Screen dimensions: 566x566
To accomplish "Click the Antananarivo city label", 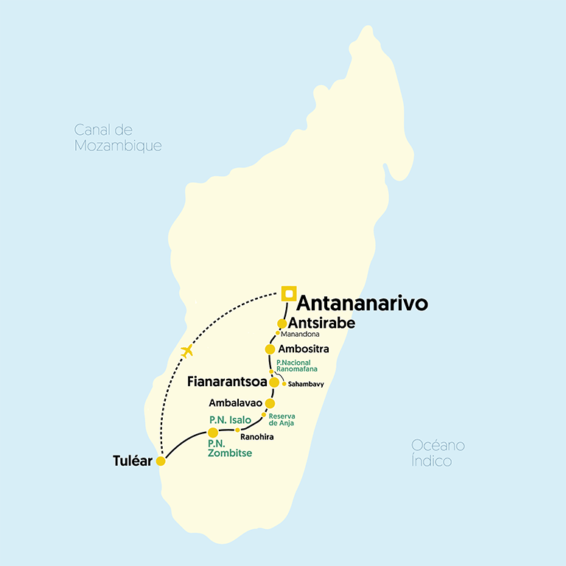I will [361, 304].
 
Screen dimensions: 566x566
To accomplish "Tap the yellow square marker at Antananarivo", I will [288, 294].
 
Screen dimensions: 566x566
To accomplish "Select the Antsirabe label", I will [323, 323].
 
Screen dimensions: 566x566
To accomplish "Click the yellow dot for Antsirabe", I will [282, 324].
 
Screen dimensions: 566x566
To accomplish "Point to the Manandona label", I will [301, 335].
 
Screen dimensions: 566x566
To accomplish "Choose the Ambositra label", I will [304, 349].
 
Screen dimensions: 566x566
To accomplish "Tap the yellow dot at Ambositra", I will [270, 349].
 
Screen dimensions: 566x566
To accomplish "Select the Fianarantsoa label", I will [227, 382].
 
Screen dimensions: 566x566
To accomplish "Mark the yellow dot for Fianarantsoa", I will [274, 382].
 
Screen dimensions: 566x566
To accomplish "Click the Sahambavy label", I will [306, 384].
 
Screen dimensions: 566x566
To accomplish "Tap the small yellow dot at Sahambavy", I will [284, 383].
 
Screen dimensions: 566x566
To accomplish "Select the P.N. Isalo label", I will [230, 419].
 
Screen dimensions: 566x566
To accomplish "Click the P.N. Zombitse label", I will [229, 448].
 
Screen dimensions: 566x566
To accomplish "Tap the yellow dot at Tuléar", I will [161, 461].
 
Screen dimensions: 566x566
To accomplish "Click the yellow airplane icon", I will [187, 351].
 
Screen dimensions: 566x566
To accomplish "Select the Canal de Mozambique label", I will [118, 138].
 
